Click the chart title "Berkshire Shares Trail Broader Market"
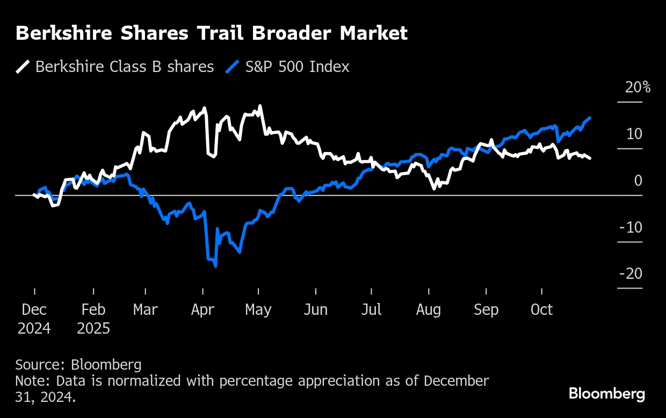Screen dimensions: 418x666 pos(212,33)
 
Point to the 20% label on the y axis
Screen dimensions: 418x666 pos(638,87)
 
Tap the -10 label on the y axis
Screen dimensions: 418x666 pos(631,227)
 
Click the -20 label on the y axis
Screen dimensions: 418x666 pos(631,274)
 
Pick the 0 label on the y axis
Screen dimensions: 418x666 pos(638,181)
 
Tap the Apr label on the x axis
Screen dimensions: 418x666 pos(202,310)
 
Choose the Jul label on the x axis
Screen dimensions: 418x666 pos(371,310)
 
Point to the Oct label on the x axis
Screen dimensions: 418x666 pos(541,310)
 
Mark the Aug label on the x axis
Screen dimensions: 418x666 pos(428,310)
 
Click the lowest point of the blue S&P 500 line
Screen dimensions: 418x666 pos(215,265)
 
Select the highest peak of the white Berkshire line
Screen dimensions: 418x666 pos(260,106)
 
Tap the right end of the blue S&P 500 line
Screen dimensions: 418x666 pos(590,118)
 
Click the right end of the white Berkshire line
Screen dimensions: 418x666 pos(590,158)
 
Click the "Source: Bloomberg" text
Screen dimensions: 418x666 pos(78,365)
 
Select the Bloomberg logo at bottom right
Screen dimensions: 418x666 pos(607,394)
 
